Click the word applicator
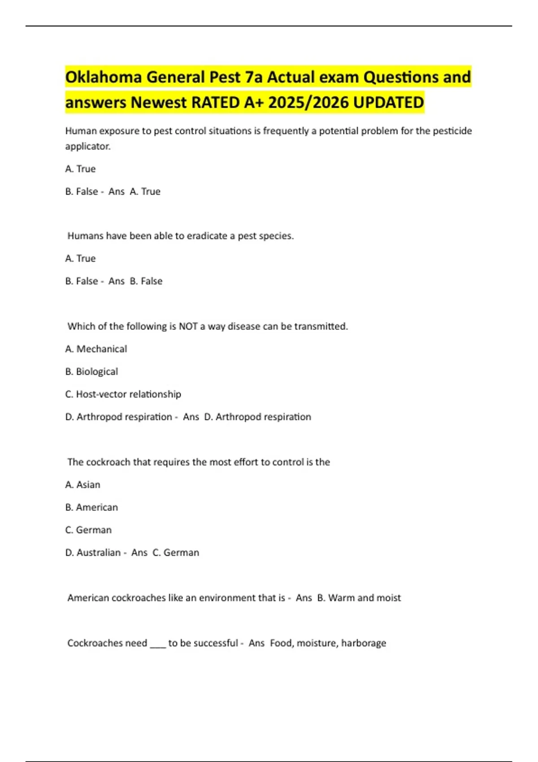click(x=88, y=146)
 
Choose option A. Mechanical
click(x=96, y=349)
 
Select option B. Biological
click(x=91, y=372)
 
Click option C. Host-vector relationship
click(x=123, y=394)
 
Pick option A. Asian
click(x=82, y=485)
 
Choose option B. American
click(x=91, y=507)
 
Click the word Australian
click(x=99, y=553)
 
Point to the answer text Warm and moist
click(x=364, y=598)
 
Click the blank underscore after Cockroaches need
click(x=158, y=644)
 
